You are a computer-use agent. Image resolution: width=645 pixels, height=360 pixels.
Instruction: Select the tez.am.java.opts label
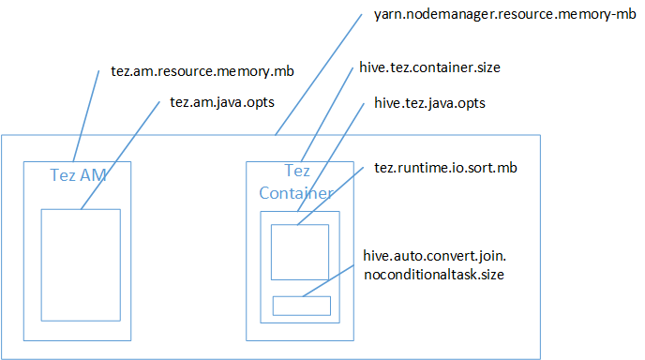click(x=222, y=102)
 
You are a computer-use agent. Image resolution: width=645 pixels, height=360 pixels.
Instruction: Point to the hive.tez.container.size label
click(x=430, y=68)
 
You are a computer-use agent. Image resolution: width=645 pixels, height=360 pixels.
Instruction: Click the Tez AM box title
click(x=78, y=174)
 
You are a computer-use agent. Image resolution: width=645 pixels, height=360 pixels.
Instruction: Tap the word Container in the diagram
click(x=295, y=193)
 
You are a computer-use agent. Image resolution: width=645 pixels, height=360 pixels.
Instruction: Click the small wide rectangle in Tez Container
click(x=302, y=306)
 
